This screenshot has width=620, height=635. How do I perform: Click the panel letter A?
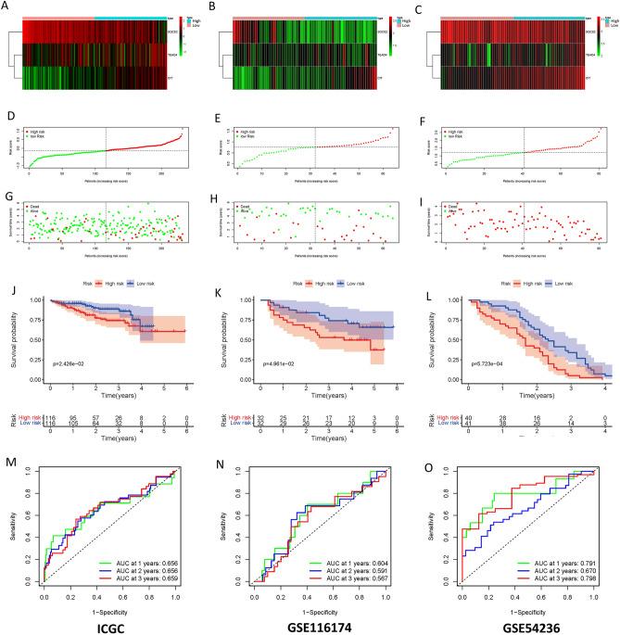tap(7, 7)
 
